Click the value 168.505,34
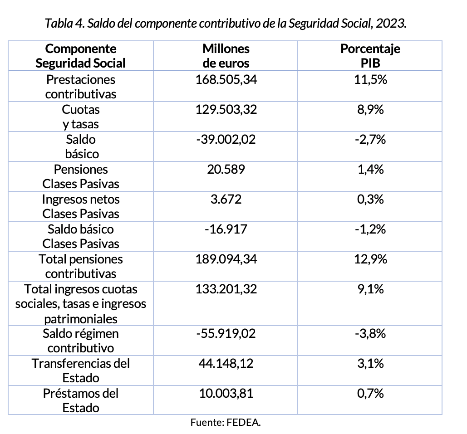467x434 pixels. tap(226, 80)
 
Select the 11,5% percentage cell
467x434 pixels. tap(370, 80)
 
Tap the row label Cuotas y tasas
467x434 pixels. tap(81, 117)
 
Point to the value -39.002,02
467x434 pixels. tap(226, 140)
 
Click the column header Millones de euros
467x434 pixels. tap(226, 56)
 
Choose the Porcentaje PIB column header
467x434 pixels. tap(370, 56)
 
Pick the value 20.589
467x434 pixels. tap(226, 170)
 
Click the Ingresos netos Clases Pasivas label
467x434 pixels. tap(81, 206)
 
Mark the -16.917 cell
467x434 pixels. tap(226, 229)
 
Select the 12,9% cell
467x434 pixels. tap(370, 259)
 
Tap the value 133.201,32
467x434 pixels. tap(226, 289)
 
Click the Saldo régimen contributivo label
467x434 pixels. tap(81, 341)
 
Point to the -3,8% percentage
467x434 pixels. tap(370, 334)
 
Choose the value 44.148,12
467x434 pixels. tap(226, 364)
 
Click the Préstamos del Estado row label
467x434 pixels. tap(81, 400)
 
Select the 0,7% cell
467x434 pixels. tap(370, 394)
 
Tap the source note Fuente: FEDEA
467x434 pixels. tap(226, 423)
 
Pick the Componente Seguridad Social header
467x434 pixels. tap(81, 56)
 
